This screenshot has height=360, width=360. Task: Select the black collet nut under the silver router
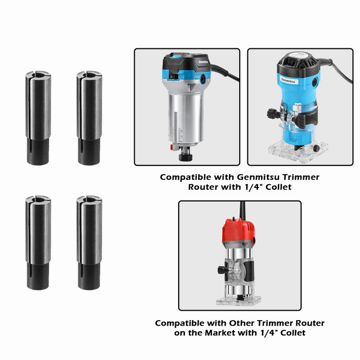pyautogui.click(x=182, y=156)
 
